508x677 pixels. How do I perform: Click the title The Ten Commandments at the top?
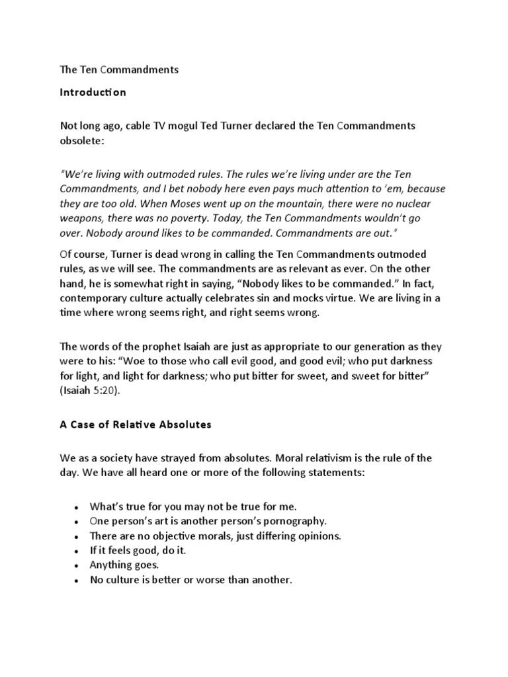point(120,69)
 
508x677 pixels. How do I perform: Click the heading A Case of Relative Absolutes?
point(136,424)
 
